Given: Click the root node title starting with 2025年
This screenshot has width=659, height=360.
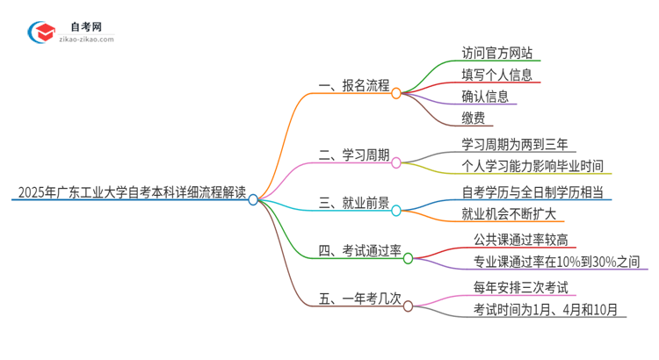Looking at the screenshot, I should pyautogui.click(x=130, y=191).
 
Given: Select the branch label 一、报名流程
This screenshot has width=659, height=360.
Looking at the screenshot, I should pyautogui.click(x=353, y=85).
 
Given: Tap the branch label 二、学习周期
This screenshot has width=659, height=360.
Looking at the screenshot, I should pyautogui.click(x=353, y=155).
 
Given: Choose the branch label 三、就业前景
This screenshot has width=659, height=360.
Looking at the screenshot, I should pyautogui.click(x=353, y=204).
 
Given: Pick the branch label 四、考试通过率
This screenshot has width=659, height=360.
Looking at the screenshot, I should pyautogui.click(x=359, y=251).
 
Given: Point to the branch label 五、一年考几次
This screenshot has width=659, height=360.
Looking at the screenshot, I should pyautogui.click(x=359, y=299).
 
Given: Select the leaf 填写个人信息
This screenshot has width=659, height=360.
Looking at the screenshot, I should pyautogui.click(x=496, y=74).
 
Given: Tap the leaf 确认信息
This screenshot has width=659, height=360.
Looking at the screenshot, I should pyautogui.click(x=485, y=96).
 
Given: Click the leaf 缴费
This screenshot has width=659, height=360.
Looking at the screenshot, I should pyautogui.click(x=473, y=118).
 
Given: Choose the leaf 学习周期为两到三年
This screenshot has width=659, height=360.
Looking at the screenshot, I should pyautogui.click(x=514, y=143).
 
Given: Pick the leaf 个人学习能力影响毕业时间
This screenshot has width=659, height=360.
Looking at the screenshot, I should pyautogui.click(x=532, y=166).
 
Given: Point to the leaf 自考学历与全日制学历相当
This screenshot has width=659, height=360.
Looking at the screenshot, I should pyautogui.click(x=532, y=191).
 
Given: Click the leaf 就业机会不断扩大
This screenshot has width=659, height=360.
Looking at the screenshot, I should pyautogui.click(x=508, y=214).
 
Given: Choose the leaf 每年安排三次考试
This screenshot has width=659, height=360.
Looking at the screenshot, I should pyautogui.click(x=520, y=286).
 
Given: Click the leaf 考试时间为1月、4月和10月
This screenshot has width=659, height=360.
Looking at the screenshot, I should pyautogui.click(x=545, y=309).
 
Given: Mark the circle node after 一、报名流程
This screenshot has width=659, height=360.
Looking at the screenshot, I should pyautogui.click(x=396, y=92).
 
